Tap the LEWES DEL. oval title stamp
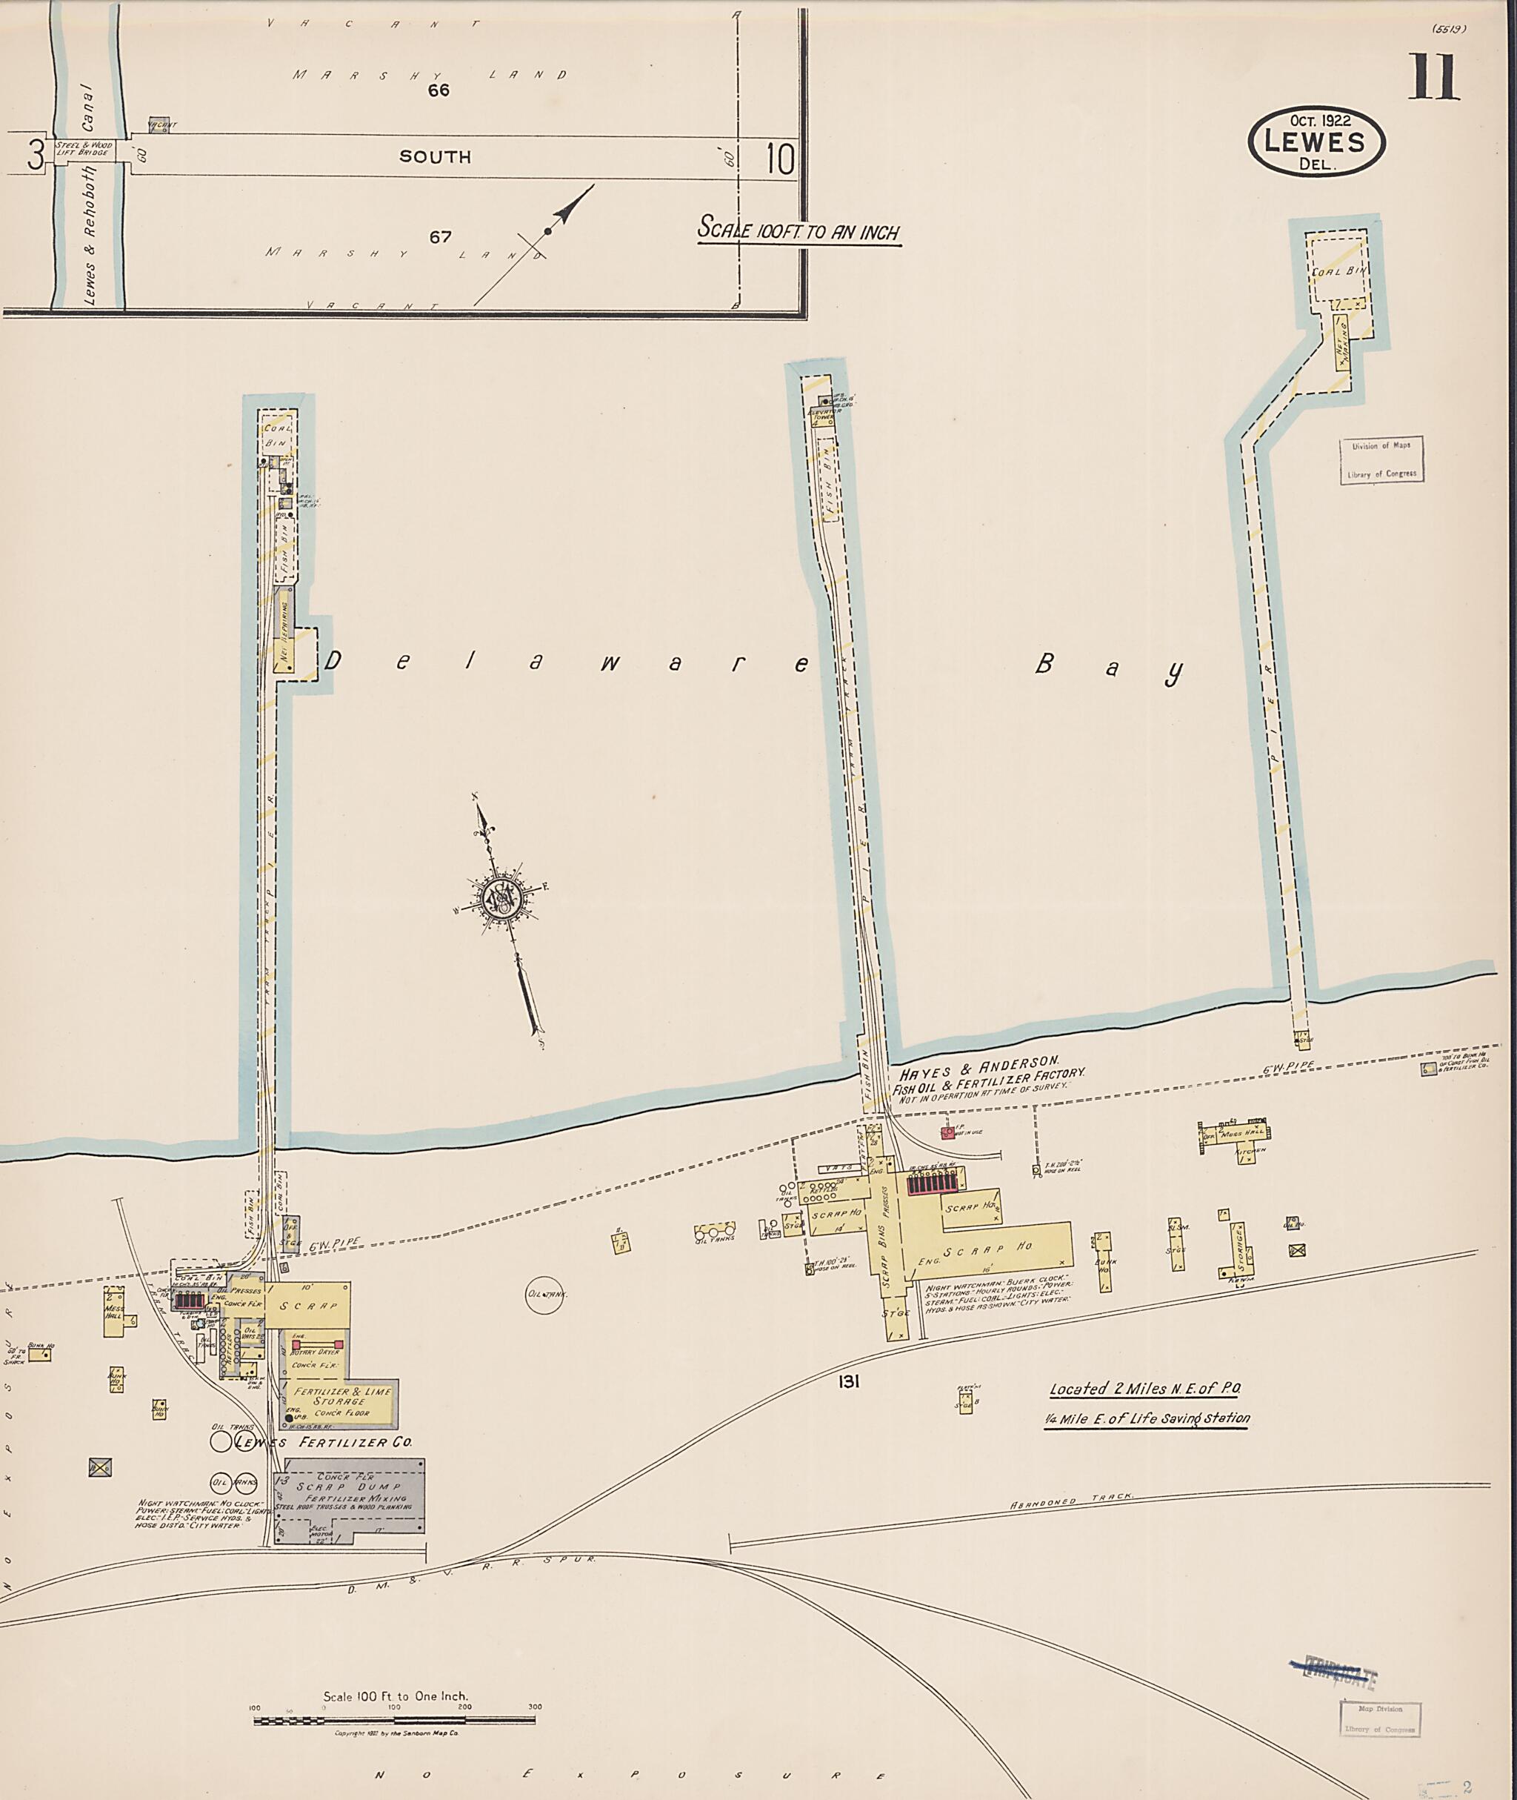click(1316, 141)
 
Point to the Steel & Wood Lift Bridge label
click(84, 149)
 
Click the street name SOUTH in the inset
click(435, 156)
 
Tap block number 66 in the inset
click(439, 90)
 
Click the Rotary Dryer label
click(315, 1352)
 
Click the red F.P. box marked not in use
click(947, 1133)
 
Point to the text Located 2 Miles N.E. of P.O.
click(1144, 1389)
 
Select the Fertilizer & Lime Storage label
click(341, 1396)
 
